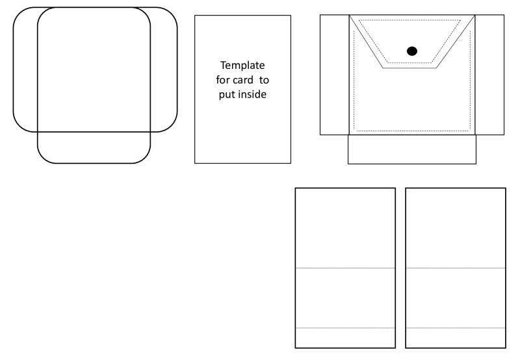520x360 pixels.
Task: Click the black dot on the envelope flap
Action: pos(411,51)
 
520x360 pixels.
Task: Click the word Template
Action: pos(242,66)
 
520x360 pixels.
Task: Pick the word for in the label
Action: pos(224,80)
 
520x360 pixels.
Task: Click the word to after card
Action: pos(264,80)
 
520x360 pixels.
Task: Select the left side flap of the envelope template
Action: pos(334,75)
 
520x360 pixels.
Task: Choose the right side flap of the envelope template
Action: pos(489,75)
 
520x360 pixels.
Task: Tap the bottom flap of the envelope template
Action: pos(412,149)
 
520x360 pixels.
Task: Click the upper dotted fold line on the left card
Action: pos(345,268)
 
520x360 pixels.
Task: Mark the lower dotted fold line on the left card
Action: pos(345,328)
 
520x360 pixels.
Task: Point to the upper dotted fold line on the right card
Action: pos(456,268)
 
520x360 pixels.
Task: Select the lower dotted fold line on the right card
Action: pos(456,328)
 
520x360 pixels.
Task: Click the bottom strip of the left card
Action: pos(345,338)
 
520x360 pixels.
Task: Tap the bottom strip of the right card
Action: pos(456,338)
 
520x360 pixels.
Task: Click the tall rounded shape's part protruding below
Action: pos(94,148)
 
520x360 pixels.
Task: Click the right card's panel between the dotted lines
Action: pos(456,298)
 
